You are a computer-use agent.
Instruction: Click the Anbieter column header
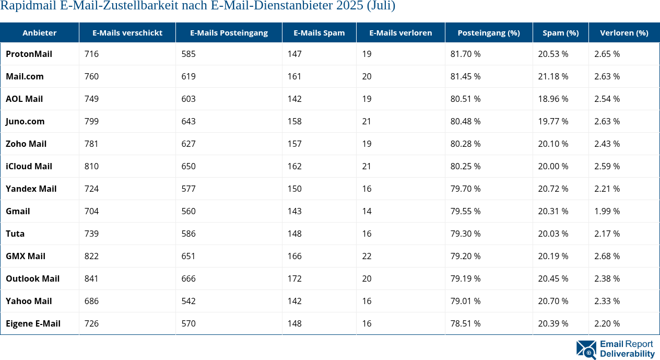pos(39,32)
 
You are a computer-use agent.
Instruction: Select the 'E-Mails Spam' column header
pos(319,32)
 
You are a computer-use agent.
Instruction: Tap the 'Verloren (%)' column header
pos(624,32)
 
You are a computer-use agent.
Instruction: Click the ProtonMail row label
pos(29,54)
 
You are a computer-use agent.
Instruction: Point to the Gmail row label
pos(18,211)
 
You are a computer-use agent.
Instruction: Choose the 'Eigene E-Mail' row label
pos(33,323)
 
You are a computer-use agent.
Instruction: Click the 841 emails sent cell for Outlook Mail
pos(91,278)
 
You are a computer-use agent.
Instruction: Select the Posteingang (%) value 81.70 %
pos(465,54)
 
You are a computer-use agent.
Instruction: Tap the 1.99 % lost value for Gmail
pos(607,211)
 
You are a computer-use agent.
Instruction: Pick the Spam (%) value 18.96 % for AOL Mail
pos(553,99)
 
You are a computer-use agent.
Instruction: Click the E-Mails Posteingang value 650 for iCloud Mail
pos(188,166)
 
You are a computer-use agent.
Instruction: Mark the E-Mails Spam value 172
pos(294,278)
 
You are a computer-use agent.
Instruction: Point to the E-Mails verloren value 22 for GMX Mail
pos(367,256)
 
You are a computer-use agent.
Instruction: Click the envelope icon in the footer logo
pos(586,350)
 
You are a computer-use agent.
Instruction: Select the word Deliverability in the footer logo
pos(627,354)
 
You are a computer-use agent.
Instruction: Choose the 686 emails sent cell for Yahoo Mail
pos(91,301)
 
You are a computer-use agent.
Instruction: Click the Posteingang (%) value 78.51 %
pos(465,323)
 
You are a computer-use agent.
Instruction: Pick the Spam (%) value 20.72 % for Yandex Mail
pos(553,189)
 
